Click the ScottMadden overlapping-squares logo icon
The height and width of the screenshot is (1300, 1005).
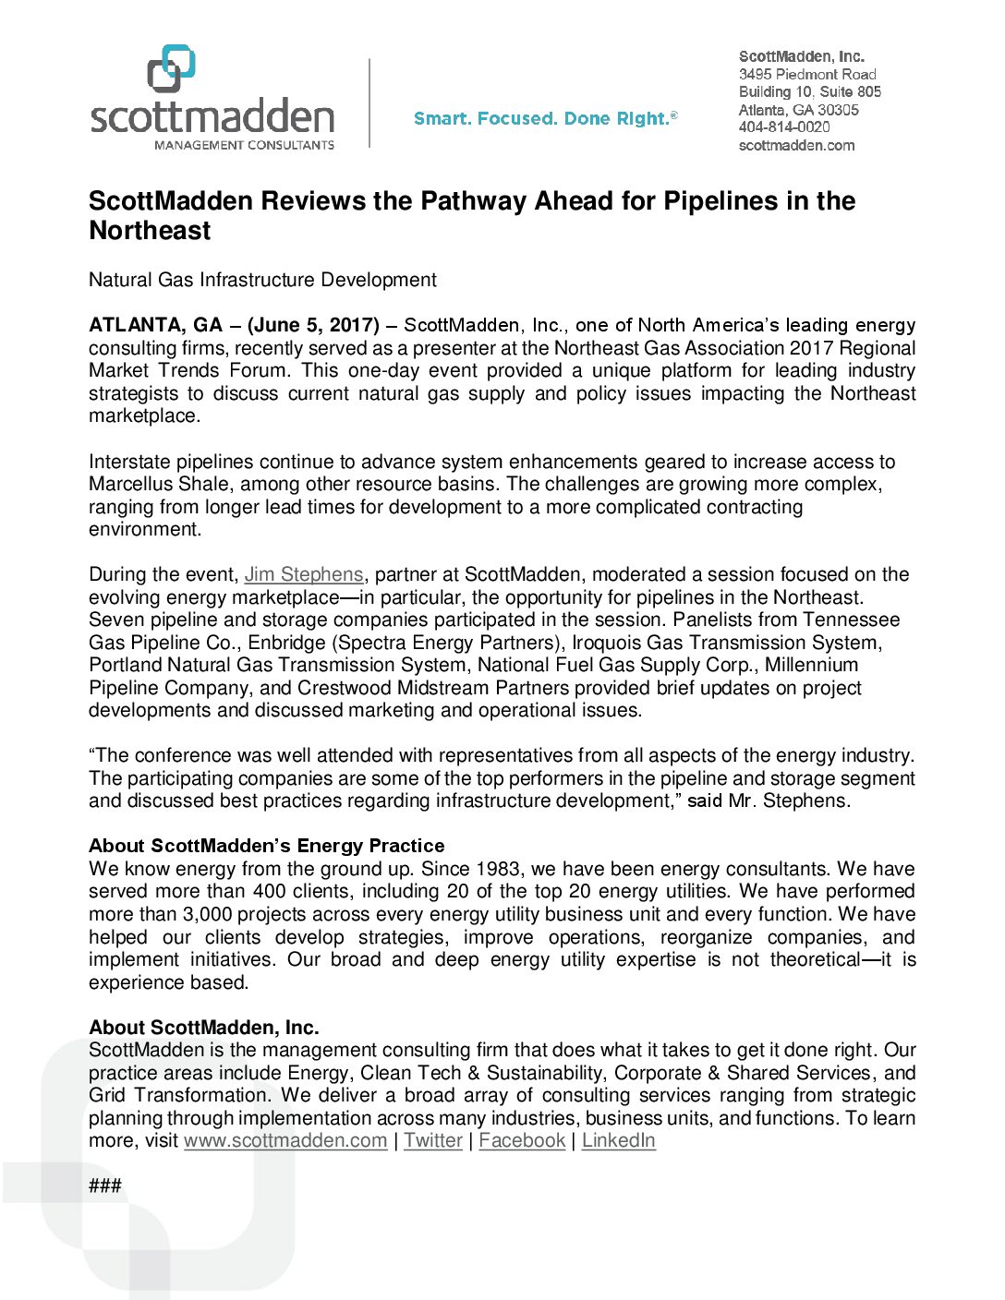coord(172,67)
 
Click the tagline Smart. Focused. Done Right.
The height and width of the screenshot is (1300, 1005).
coord(545,118)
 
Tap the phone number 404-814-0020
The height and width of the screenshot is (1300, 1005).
coord(784,127)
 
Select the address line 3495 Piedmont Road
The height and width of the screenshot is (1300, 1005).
coord(807,74)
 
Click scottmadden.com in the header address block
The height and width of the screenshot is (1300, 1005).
coord(796,145)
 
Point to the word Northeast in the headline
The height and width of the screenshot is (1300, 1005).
coord(150,231)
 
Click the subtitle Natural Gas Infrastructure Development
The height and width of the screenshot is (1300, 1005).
coord(262,280)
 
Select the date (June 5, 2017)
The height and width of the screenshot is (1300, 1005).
coord(313,325)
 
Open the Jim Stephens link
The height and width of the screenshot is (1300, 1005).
coord(304,574)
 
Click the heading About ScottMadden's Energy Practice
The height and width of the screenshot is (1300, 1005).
coord(266,846)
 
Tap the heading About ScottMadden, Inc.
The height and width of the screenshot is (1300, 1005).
coord(203,1028)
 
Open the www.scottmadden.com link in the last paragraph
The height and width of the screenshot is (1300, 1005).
coord(285,1140)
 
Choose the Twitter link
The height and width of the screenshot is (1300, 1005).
coord(433,1140)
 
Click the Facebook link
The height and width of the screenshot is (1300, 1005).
coord(522,1140)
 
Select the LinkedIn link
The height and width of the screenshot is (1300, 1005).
coord(618,1140)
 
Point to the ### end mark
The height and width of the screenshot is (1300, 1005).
coord(104,1186)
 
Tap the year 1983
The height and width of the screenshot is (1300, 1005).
coord(498,869)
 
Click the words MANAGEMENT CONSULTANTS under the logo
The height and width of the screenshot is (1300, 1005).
coord(244,145)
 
